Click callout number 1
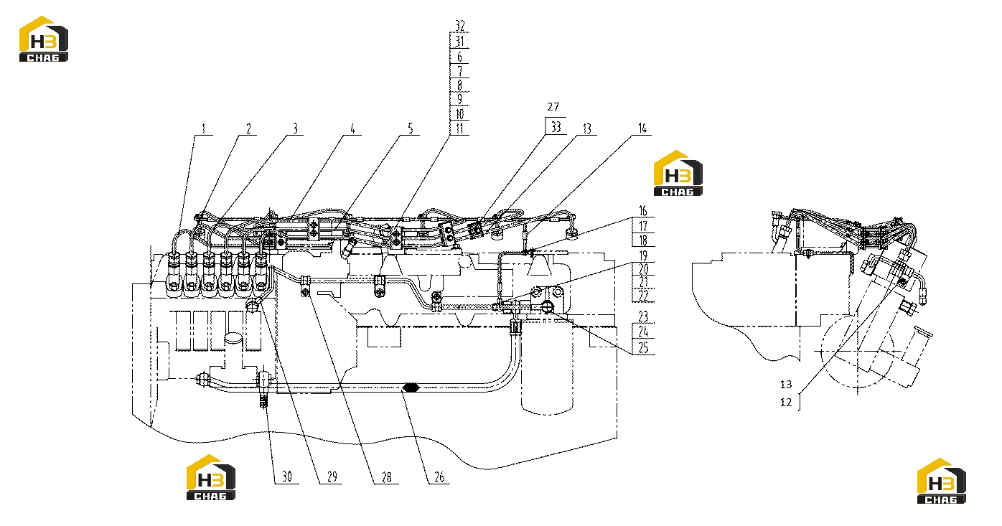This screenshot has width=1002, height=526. point(204,129)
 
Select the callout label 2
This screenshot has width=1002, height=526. point(249,129)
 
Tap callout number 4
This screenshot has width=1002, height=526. point(352,129)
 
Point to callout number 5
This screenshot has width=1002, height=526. point(410,129)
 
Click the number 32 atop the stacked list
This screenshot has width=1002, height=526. point(460,26)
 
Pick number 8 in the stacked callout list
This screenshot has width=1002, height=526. point(459,85)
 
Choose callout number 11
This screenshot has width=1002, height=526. point(459,128)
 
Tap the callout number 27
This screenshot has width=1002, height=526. point(553,106)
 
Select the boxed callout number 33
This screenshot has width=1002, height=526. point(556,127)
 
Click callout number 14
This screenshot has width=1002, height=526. point(642,129)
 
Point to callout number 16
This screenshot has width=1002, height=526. point(643,211)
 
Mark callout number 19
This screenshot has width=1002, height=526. point(643,256)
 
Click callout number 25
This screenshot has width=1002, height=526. point(643,347)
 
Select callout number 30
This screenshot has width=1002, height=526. point(286,476)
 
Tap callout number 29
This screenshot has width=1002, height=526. point(332,476)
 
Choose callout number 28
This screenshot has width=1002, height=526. point(386,477)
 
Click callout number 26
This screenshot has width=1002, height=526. point(439,477)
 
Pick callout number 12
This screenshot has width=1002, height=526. point(786,403)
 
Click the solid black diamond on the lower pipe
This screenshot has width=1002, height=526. point(410,388)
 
